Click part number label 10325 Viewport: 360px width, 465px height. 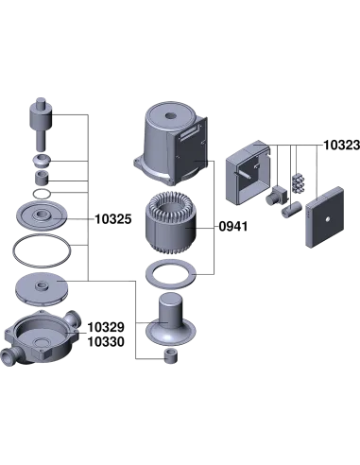click(x=113, y=219)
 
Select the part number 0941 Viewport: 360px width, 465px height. click(x=233, y=226)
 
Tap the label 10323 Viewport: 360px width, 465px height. click(x=342, y=145)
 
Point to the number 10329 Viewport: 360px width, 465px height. click(x=106, y=327)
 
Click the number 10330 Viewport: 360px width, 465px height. click(x=106, y=342)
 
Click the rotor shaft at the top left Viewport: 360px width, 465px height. click(x=41, y=124)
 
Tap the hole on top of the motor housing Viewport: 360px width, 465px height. click(x=170, y=115)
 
